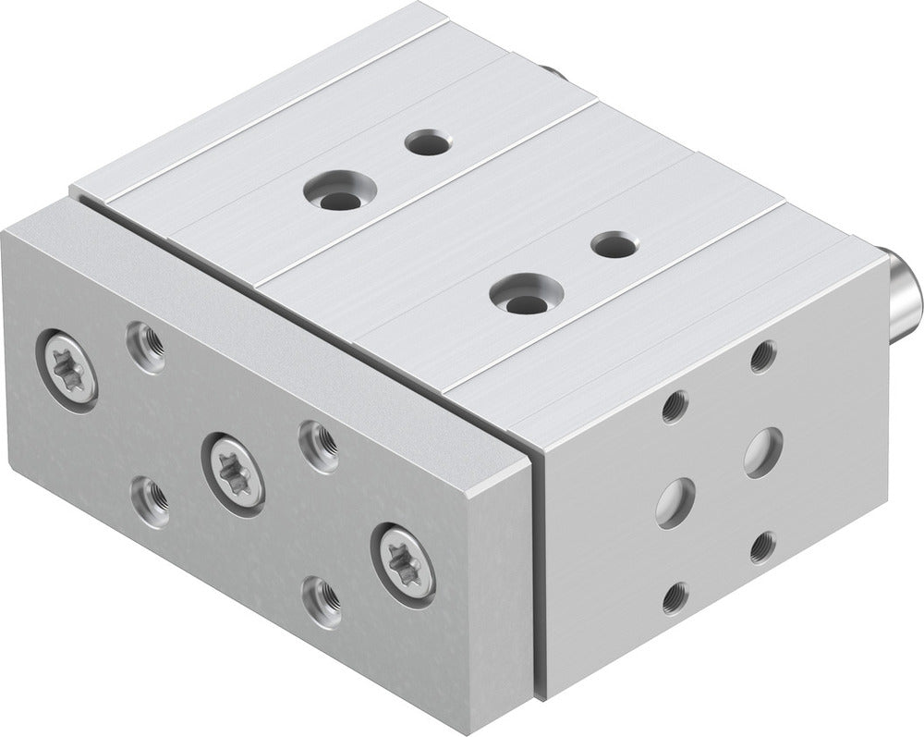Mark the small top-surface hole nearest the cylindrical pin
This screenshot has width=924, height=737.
click(614, 245)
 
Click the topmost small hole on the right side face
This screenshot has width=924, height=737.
click(762, 356)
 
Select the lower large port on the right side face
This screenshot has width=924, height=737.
click(675, 502)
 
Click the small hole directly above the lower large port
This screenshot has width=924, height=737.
click(675, 406)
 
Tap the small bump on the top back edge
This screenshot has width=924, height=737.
click(549, 70)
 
